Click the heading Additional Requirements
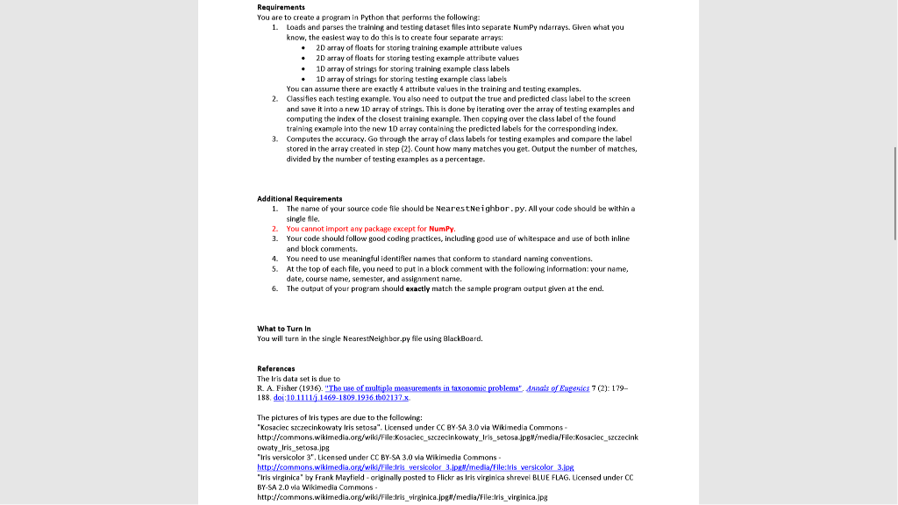299,199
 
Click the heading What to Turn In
285,329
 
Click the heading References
275,368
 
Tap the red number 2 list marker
275,228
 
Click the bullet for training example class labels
303,68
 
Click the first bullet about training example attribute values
303,48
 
